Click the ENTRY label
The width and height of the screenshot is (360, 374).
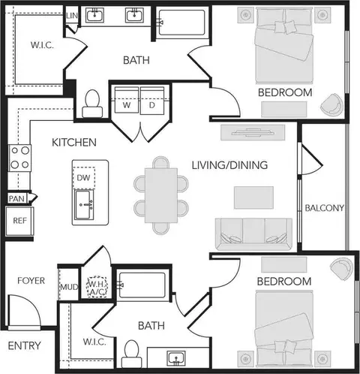[24, 345]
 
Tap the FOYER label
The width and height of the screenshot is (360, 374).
[31, 281]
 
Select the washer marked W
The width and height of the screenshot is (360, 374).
[127, 100]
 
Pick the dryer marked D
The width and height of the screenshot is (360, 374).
[152, 100]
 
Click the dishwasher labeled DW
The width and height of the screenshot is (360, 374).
[84, 178]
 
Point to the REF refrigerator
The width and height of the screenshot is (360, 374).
[19, 221]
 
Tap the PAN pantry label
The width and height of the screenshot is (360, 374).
[16, 199]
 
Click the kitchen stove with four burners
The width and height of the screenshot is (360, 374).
[19, 158]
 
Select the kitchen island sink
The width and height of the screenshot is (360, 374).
[84, 205]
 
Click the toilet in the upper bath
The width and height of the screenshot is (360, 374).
[92, 104]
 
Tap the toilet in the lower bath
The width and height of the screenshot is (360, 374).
[131, 354]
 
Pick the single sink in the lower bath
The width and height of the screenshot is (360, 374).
[176, 358]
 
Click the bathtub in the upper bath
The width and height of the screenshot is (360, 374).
[182, 23]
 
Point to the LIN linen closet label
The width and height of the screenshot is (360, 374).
[72, 16]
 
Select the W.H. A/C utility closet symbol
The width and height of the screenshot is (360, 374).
[97, 287]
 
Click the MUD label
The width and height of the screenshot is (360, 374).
[70, 287]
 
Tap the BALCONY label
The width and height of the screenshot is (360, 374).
[324, 208]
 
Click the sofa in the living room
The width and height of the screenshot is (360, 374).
[253, 234]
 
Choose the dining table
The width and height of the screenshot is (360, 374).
[161, 195]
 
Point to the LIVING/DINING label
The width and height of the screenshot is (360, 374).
[229, 165]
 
